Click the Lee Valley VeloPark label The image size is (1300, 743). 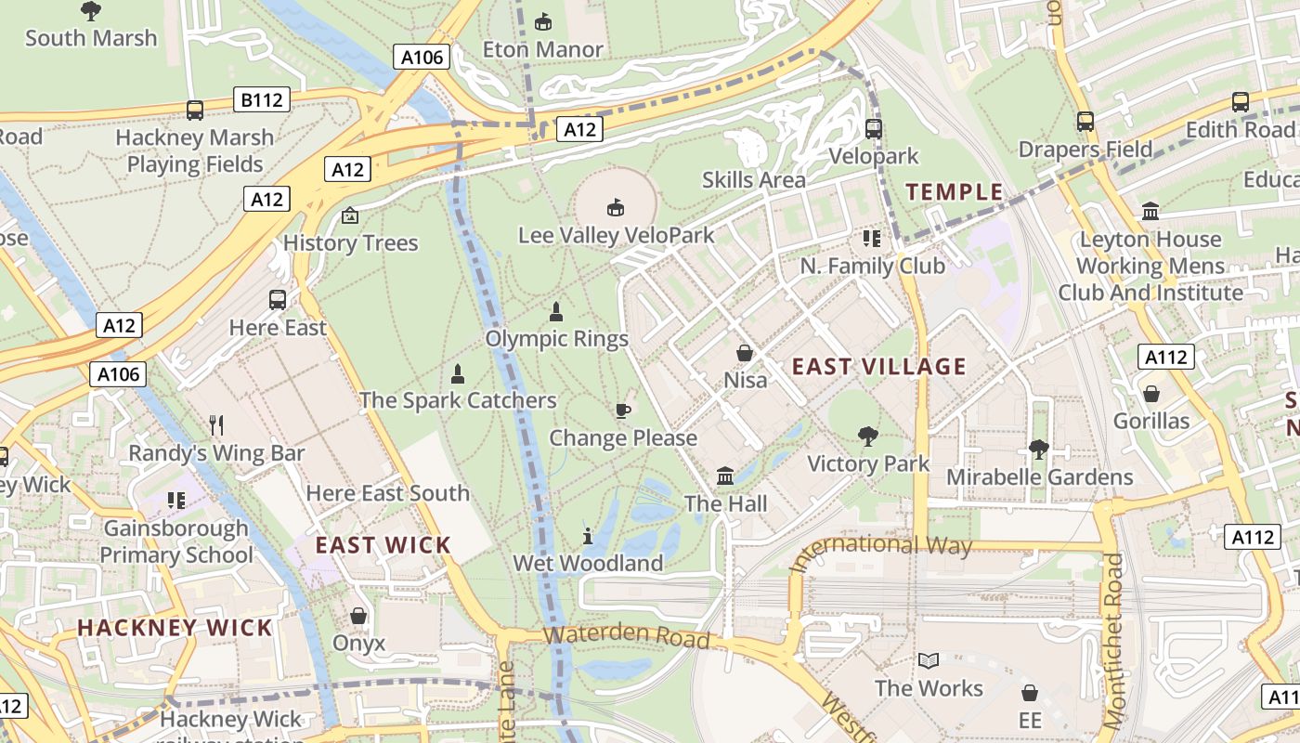[617, 235]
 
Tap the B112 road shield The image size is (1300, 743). [262, 99]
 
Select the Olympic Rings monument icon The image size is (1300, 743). [556, 312]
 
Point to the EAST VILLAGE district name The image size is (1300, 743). [879, 367]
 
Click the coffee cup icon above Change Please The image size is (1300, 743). [623, 411]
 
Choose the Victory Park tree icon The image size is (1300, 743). [868, 436]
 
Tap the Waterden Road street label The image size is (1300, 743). [627, 638]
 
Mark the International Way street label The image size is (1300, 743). [879, 549]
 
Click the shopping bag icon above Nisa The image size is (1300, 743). [745, 353]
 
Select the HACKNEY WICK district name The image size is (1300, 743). [175, 628]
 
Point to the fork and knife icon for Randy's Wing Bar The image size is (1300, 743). [216, 425]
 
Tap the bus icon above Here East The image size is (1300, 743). [278, 300]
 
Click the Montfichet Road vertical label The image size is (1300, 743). [1113, 641]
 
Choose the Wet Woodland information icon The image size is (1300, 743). [588, 536]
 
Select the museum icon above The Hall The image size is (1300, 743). [725, 476]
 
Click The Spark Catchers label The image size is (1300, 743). [458, 400]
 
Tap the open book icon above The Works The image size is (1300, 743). [928, 660]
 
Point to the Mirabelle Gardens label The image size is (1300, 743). [1039, 477]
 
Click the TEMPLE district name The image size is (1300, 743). [955, 192]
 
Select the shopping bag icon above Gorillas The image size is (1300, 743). [1151, 394]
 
